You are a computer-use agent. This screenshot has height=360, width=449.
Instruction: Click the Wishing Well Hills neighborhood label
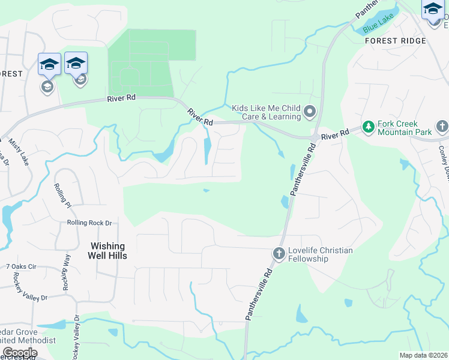pyautogui.click(x=107, y=251)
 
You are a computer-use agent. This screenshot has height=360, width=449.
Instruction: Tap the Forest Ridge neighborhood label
pyautogui.click(x=395, y=41)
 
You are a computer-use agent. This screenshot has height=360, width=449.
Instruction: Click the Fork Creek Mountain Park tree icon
pyautogui.click(x=367, y=127)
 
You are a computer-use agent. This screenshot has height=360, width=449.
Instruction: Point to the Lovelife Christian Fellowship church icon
pyautogui.click(x=279, y=254)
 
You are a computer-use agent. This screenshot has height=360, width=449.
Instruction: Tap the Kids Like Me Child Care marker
pyautogui.click(x=310, y=111)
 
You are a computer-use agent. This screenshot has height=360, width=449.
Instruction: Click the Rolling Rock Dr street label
pyautogui.click(x=89, y=223)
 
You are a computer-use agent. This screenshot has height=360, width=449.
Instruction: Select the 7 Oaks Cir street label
pyautogui.click(x=21, y=266)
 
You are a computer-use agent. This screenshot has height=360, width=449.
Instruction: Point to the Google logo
pyautogui.click(x=20, y=353)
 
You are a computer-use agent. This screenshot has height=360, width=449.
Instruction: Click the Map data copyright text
pyautogui.click(x=424, y=355)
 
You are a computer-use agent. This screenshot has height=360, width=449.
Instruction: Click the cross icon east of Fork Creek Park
pyautogui.click(x=442, y=127)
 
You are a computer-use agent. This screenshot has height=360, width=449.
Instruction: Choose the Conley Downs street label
pyautogui.click(x=443, y=159)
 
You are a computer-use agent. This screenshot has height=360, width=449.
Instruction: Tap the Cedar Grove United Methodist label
pyautogui.click(x=28, y=336)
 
